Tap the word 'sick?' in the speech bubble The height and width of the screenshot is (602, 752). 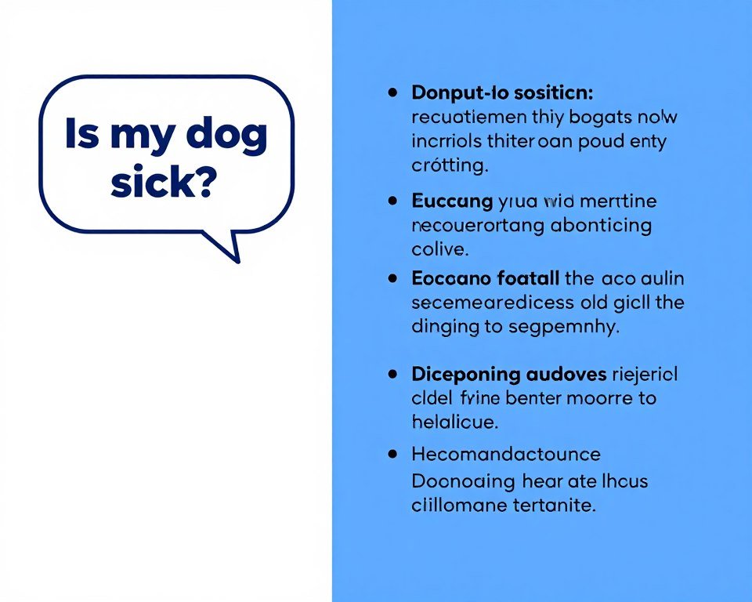click(163, 181)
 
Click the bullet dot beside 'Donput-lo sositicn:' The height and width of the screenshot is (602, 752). click(392, 92)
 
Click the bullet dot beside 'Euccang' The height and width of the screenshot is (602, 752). click(392, 201)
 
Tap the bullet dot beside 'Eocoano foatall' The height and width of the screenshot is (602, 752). click(392, 277)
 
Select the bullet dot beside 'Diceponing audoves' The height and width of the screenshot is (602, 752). click(392, 374)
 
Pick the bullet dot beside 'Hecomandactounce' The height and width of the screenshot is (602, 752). click(392, 454)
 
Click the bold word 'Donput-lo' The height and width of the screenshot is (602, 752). click(457, 93)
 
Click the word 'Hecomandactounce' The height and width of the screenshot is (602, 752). click(506, 454)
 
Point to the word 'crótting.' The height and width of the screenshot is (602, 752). click(450, 166)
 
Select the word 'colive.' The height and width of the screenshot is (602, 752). click(439, 251)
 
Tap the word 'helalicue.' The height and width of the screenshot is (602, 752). click(454, 422)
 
